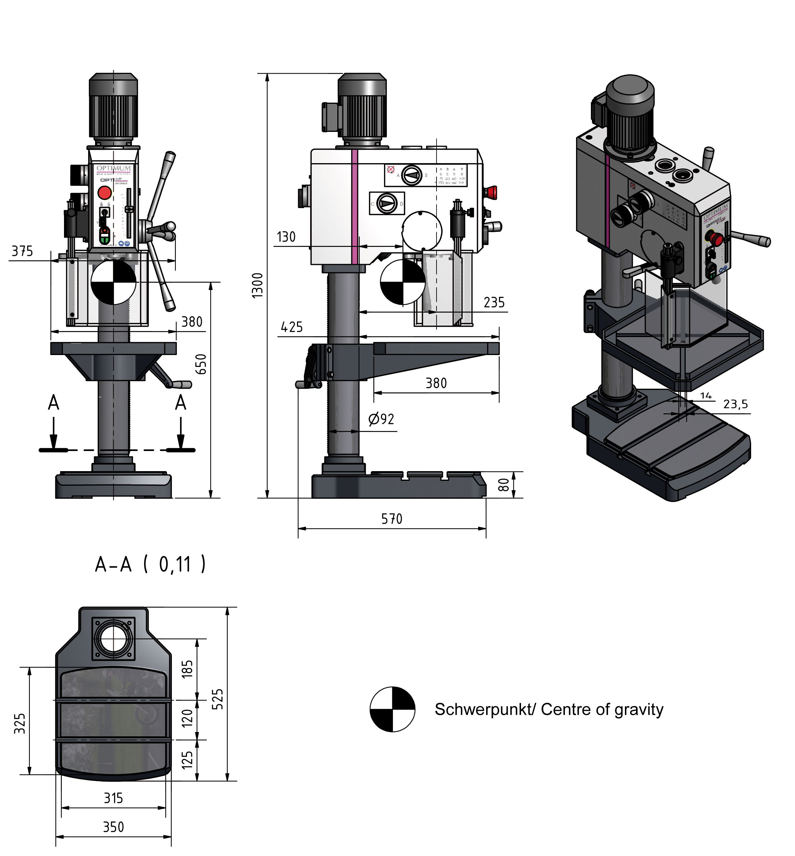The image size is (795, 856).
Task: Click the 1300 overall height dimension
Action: pos(257,285)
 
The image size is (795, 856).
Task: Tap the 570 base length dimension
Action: pos(392,519)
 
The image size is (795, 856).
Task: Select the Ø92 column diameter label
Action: pos(381,419)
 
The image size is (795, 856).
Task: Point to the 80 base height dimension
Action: pos(503,484)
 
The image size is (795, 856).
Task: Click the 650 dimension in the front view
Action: pos(201,364)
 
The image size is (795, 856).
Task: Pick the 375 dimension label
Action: pos(22,251)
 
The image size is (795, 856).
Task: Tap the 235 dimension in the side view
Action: pos(494,303)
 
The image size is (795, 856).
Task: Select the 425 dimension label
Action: pos(292,327)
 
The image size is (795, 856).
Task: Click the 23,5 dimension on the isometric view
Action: pos(735,404)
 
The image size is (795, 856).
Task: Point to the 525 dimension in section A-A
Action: pos(218,699)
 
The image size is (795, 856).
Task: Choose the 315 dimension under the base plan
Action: pos(113,799)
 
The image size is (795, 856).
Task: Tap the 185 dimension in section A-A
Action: pos(187,669)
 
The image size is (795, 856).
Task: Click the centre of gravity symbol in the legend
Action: pos(392,709)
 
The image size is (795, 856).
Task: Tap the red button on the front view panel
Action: pos(105,193)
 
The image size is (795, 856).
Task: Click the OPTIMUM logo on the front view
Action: pos(114,168)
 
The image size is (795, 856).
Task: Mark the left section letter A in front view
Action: pos(53,403)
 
